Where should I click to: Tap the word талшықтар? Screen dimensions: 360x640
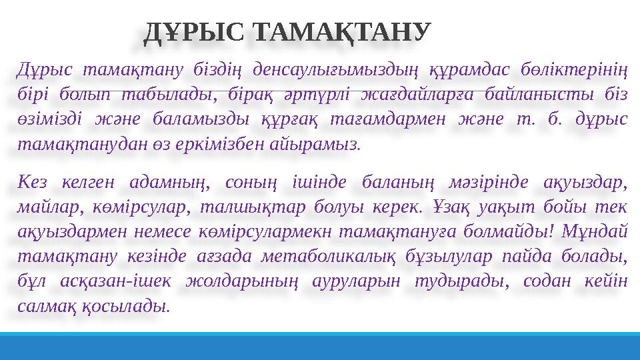coord(243,205)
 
